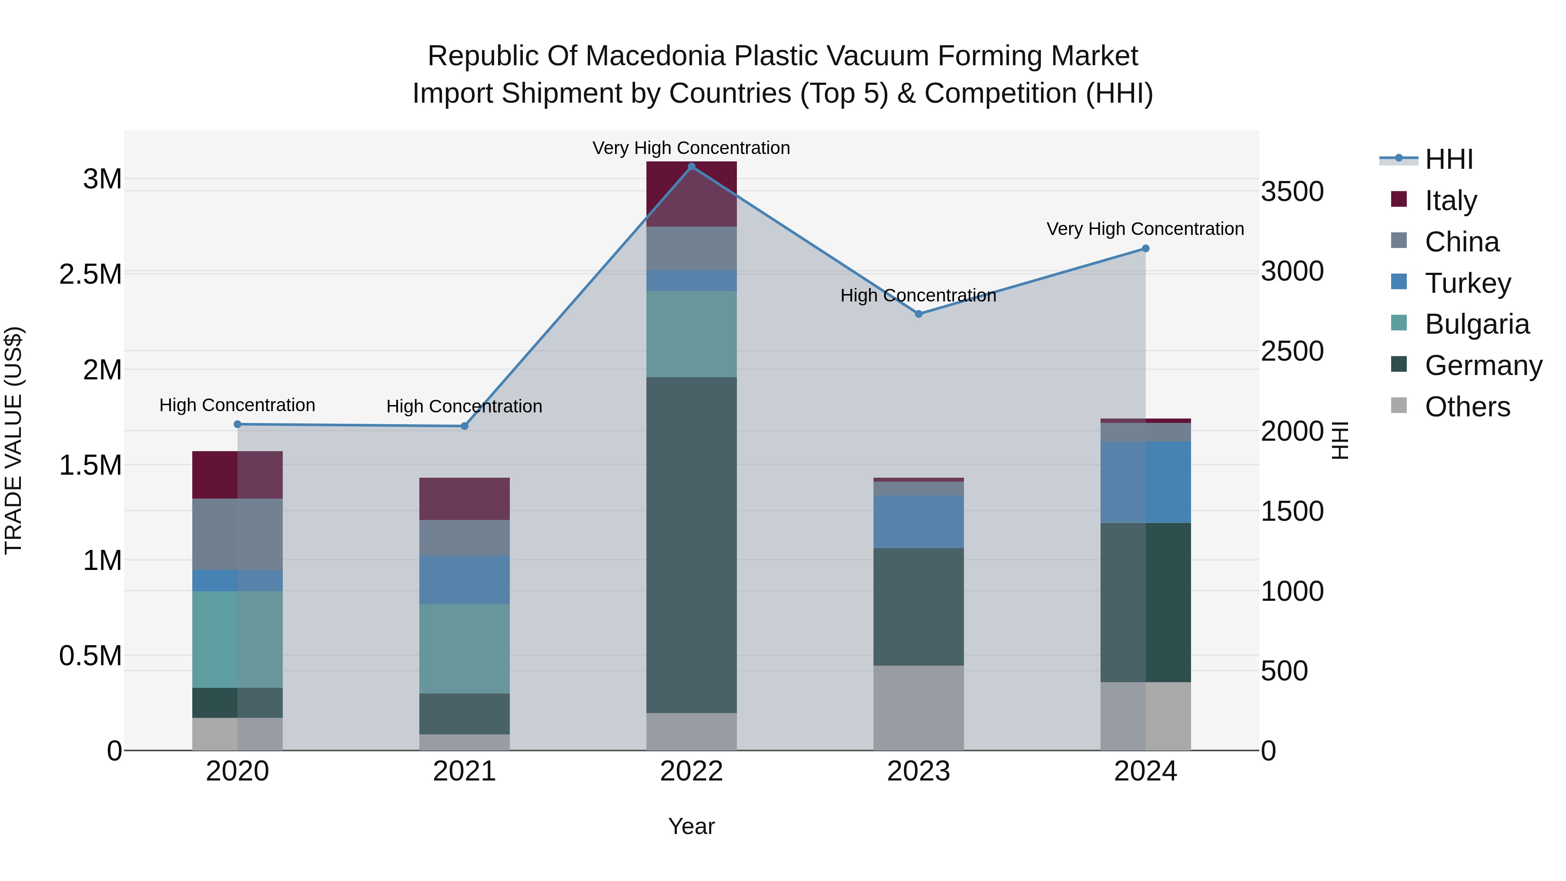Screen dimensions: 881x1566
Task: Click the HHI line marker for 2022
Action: click(691, 167)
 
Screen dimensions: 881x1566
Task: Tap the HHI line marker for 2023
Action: click(919, 314)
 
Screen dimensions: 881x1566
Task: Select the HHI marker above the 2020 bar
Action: click(238, 424)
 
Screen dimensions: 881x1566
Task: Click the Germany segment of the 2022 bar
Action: click(691, 544)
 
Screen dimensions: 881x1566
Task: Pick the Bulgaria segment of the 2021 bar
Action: click(465, 648)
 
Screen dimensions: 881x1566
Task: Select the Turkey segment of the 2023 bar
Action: click(919, 521)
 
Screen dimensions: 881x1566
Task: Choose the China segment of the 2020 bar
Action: click(238, 534)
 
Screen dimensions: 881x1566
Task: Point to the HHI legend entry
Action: click(1448, 159)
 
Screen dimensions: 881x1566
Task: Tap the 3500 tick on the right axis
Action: click(1292, 191)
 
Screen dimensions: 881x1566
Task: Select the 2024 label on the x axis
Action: click(1145, 771)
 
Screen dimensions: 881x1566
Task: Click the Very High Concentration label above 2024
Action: click(1145, 229)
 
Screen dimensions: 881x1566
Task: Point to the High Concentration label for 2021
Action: click(465, 406)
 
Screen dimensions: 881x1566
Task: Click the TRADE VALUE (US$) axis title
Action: click(14, 440)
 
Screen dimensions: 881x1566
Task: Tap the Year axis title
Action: click(691, 826)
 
